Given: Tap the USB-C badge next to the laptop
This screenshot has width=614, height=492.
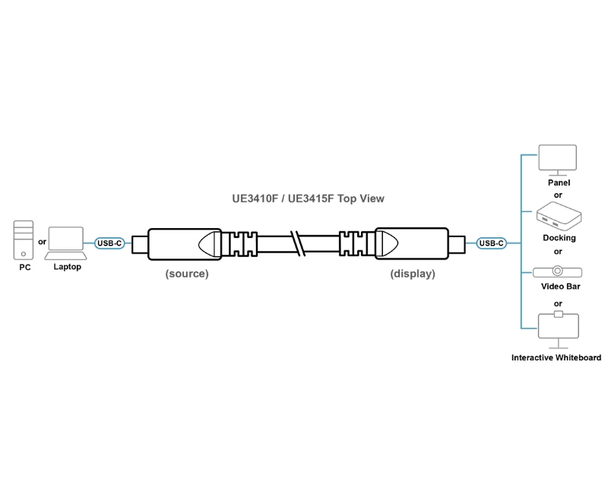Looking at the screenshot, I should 109,243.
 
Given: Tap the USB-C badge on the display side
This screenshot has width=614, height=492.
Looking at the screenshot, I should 490,243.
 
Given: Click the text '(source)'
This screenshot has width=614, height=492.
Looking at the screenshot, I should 186,274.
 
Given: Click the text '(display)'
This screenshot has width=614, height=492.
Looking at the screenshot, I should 413,274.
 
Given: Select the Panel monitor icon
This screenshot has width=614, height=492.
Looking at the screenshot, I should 558,159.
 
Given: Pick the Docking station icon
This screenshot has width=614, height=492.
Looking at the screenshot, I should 559,217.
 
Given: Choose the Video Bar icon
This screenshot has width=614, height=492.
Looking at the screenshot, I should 559,271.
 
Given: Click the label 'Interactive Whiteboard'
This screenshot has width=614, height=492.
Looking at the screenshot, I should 556,357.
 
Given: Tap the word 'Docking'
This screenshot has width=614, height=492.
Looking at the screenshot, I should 559,238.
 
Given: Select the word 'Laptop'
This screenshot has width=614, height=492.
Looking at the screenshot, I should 67,267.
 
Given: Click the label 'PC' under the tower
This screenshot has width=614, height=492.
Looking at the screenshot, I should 24,268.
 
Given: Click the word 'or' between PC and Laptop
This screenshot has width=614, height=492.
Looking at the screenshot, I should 42,243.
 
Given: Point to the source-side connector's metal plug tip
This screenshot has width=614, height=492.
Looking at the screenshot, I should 138,243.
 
